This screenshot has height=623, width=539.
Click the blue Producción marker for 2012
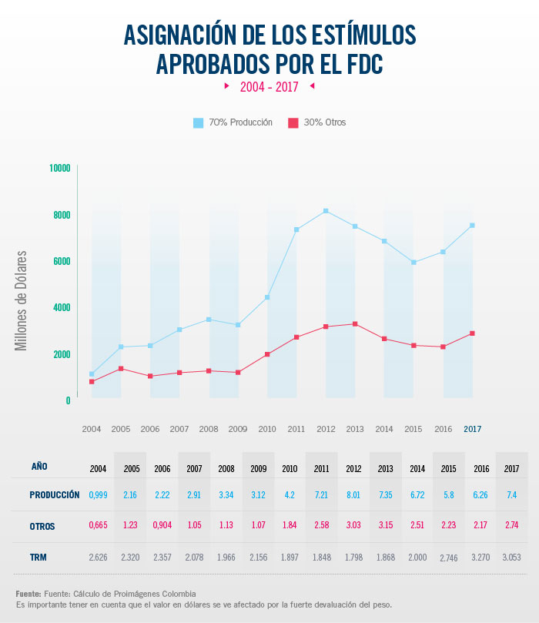[x=326, y=211]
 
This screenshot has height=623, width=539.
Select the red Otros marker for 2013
[x=355, y=324]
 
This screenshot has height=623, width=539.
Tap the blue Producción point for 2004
[x=92, y=374]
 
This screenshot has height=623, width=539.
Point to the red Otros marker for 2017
[x=472, y=333]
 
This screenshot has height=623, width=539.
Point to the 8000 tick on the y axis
[x=62, y=215]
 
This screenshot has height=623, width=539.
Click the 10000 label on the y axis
[x=59, y=168]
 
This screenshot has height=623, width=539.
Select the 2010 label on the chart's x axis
[x=267, y=429]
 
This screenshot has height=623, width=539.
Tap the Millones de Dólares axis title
[x=22, y=300]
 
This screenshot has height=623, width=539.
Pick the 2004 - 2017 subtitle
[x=269, y=87]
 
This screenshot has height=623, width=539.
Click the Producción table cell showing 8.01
[x=353, y=494]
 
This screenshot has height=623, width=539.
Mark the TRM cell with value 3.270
[x=483, y=558]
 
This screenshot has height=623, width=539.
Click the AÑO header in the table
[x=40, y=466]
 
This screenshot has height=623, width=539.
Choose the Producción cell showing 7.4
[x=511, y=494]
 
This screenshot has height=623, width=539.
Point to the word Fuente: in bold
[x=28, y=594]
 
